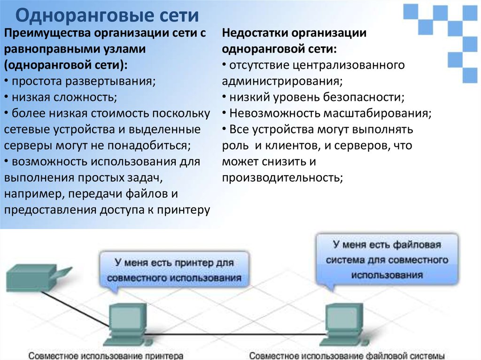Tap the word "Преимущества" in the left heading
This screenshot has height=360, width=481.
coord(47,33)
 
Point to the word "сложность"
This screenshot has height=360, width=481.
coord(85,97)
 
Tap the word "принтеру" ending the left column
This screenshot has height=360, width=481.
coord(184,210)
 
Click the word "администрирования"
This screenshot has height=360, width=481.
coord(282,81)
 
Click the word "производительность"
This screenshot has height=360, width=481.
coord(282,178)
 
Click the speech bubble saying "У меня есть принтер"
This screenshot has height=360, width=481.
coord(174,270)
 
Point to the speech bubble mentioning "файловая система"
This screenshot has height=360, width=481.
coord(387,260)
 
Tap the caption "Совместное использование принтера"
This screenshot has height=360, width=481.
coord(106,356)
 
